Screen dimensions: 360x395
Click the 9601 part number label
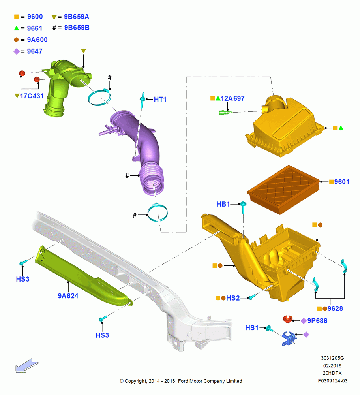click(341, 182)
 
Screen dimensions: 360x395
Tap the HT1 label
click(160, 100)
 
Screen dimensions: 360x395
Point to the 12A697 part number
click(232, 98)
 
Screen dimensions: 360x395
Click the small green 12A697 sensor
click(225, 112)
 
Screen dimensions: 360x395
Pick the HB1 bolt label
click(223, 204)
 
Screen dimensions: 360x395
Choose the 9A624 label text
click(68, 296)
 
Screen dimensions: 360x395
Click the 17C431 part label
click(32, 96)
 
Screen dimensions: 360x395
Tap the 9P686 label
click(317, 321)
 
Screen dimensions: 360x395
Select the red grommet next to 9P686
click(287, 319)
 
